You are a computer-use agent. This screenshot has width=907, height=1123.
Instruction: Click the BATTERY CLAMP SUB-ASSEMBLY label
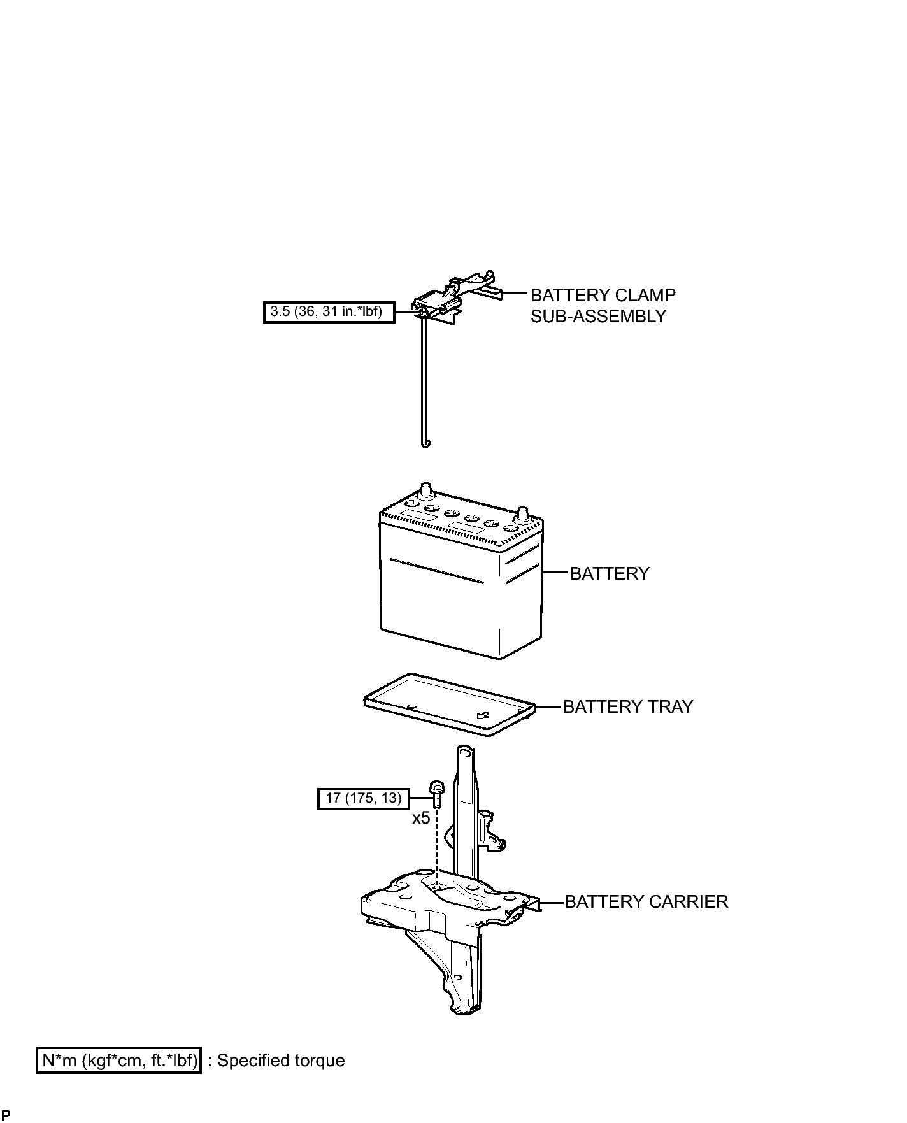tap(603, 306)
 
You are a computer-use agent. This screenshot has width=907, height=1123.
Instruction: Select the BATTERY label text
tap(610, 573)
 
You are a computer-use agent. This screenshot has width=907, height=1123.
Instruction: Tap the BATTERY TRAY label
tap(628, 706)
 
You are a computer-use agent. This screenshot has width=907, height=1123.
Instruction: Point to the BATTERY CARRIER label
tap(646, 902)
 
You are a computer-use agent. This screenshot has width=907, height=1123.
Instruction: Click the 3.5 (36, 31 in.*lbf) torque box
tap(329, 312)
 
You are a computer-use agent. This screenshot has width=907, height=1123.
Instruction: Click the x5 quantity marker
tap(420, 818)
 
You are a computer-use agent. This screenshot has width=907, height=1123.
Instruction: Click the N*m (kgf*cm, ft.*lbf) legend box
tap(118, 1061)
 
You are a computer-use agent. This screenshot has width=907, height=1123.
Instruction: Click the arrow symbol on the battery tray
tap(483, 715)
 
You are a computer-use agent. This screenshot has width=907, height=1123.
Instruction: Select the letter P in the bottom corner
tap(6, 1115)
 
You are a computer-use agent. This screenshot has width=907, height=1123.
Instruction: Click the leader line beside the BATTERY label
tap(555, 573)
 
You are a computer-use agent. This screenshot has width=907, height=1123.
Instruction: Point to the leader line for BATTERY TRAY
tap(548, 706)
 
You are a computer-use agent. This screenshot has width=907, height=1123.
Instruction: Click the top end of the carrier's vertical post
tap(464, 752)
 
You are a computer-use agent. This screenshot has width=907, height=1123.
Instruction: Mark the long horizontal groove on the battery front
tap(436, 571)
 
